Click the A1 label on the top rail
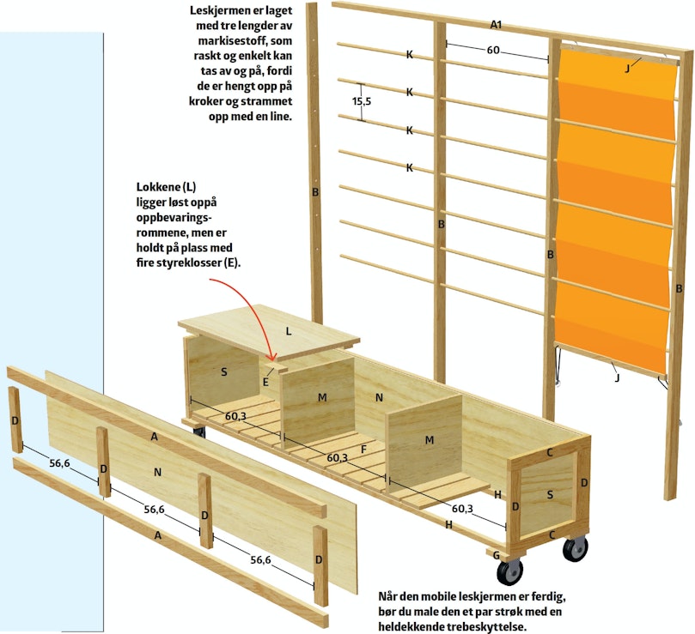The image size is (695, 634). click(496, 25)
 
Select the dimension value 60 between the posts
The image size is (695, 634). click(493, 50)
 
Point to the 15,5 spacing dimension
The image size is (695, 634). click(362, 101)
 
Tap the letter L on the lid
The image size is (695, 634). click(289, 331)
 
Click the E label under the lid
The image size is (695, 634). click(265, 382)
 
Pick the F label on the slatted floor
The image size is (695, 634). click(363, 450)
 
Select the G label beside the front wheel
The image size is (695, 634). click(497, 555)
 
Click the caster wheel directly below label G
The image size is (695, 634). click(509, 572)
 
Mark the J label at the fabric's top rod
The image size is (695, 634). click(627, 69)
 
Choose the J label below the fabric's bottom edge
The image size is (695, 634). click(617, 377)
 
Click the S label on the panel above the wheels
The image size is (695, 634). click(550, 494)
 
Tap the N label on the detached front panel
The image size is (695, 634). click(157, 473)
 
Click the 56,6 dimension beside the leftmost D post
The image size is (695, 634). click(59, 463)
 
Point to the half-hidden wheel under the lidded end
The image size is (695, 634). click(199, 432)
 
